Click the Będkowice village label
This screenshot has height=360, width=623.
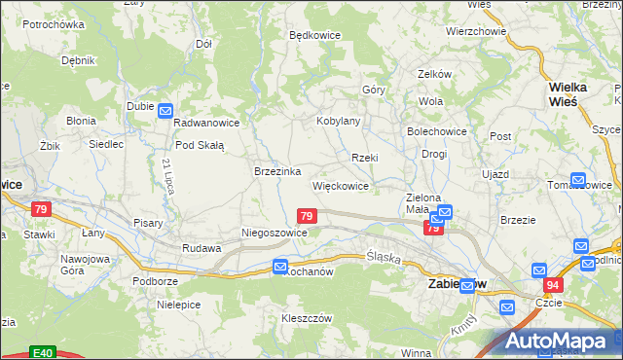(313, 34)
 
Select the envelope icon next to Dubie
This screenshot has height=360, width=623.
(165, 111)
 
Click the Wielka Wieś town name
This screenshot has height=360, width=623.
(568, 93)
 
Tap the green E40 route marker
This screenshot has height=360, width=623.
(40, 352)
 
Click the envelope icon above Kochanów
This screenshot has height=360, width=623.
(280, 266)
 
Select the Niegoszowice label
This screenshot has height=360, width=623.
(275, 234)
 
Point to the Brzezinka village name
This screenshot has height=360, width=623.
(275, 170)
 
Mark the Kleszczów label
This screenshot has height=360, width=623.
(308, 318)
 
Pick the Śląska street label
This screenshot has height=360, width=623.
(385, 256)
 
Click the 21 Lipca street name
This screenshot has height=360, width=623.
(167, 176)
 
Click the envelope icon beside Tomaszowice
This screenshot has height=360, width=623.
(578, 180)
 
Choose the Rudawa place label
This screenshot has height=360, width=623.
(202, 248)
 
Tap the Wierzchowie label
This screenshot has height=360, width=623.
(476, 31)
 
